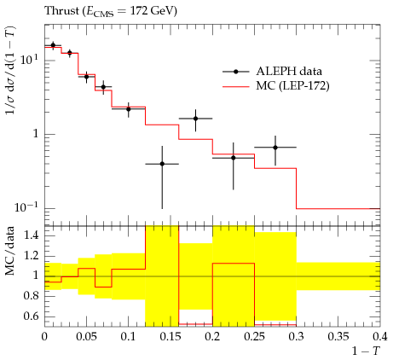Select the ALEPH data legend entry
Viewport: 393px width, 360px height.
272,72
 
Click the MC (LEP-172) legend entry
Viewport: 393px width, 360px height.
275,85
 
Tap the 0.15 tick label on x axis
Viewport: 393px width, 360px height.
170,337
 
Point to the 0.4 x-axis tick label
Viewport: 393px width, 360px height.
380,337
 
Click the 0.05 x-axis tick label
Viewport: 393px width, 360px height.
86,337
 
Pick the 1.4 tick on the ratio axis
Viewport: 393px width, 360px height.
32,235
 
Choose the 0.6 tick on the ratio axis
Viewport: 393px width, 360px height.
32,316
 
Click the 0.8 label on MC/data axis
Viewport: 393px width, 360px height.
32,296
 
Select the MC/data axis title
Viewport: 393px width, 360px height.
10,251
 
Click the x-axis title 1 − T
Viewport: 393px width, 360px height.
366,351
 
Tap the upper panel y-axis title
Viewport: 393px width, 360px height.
11,71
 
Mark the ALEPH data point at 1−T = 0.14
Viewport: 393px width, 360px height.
162,164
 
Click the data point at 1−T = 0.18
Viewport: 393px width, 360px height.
195,119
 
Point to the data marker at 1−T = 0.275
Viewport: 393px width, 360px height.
275,148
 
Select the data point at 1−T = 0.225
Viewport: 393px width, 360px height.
234,158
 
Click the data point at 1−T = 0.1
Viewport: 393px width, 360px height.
129,109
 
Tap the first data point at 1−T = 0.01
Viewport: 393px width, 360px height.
53,45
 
